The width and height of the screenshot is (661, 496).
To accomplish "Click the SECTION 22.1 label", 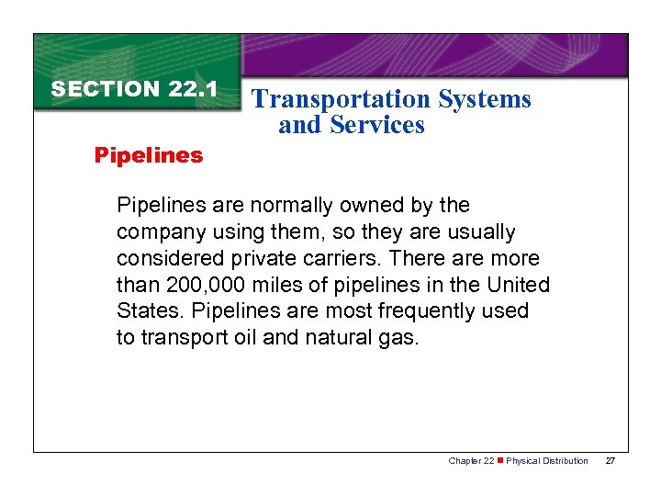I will [134, 89].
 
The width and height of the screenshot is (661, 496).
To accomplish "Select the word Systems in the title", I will [485, 99].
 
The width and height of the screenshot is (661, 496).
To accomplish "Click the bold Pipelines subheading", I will [149, 155].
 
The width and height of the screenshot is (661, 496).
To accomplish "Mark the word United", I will [519, 285].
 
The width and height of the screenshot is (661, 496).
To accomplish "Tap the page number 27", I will [610, 461].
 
